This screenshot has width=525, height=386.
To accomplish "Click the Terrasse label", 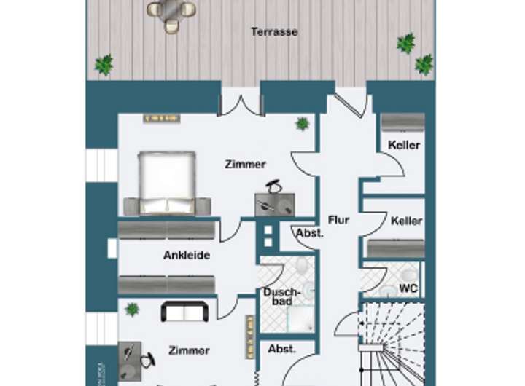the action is [x=274, y=32].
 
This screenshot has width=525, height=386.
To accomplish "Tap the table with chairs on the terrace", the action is [x=172, y=12].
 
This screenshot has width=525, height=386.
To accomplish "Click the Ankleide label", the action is [x=187, y=256].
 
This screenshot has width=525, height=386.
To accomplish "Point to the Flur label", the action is [x=339, y=220].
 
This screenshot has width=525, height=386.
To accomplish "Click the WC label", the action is [x=409, y=288].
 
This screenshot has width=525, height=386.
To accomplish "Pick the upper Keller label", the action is [x=404, y=145].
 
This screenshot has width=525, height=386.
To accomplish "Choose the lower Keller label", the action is [x=406, y=221].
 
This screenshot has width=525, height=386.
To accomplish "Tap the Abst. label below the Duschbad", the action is [x=282, y=349].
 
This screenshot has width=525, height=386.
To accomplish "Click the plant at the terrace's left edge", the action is [x=104, y=65].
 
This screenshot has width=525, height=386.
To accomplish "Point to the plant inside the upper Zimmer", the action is [x=302, y=124].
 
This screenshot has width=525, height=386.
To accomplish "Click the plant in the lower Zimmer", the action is [x=132, y=309].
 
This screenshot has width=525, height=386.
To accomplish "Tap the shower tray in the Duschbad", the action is [x=300, y=315].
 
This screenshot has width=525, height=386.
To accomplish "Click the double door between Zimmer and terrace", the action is [x=241, y=102].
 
